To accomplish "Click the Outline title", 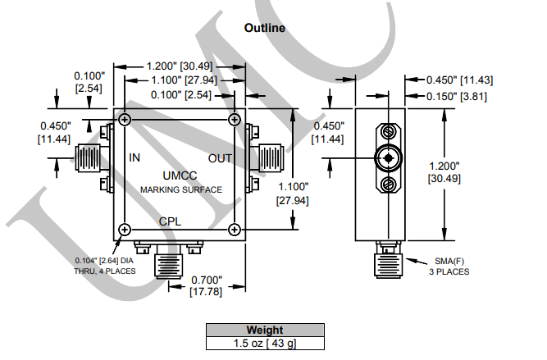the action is coord(265,28).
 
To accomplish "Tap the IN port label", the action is coord(134,157).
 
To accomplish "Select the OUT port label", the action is coord(220,159).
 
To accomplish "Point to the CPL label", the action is coord(170,221).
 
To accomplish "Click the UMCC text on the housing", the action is coord(180,175).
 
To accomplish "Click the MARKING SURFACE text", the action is coord(181,189).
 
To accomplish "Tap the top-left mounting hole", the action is coord(125,120).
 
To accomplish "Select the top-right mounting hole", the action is coord(235,120).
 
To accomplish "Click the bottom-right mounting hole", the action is coord(235,230).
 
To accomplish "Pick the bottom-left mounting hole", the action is coord(125,230).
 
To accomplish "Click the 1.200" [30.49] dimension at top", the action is coord(180,66).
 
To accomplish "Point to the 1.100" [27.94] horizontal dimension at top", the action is coord(184,80).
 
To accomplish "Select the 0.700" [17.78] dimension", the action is coord(206,285).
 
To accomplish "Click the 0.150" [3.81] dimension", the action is coord(456,96).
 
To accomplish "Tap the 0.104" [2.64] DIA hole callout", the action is coord(105,266).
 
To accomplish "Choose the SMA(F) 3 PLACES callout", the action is coord(449,267).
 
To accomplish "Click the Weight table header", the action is coord(265,330).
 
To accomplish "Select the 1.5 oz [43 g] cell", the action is coord(265,344).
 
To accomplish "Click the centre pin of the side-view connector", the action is coord(388,158).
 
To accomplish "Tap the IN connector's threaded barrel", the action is coord(88,158).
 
